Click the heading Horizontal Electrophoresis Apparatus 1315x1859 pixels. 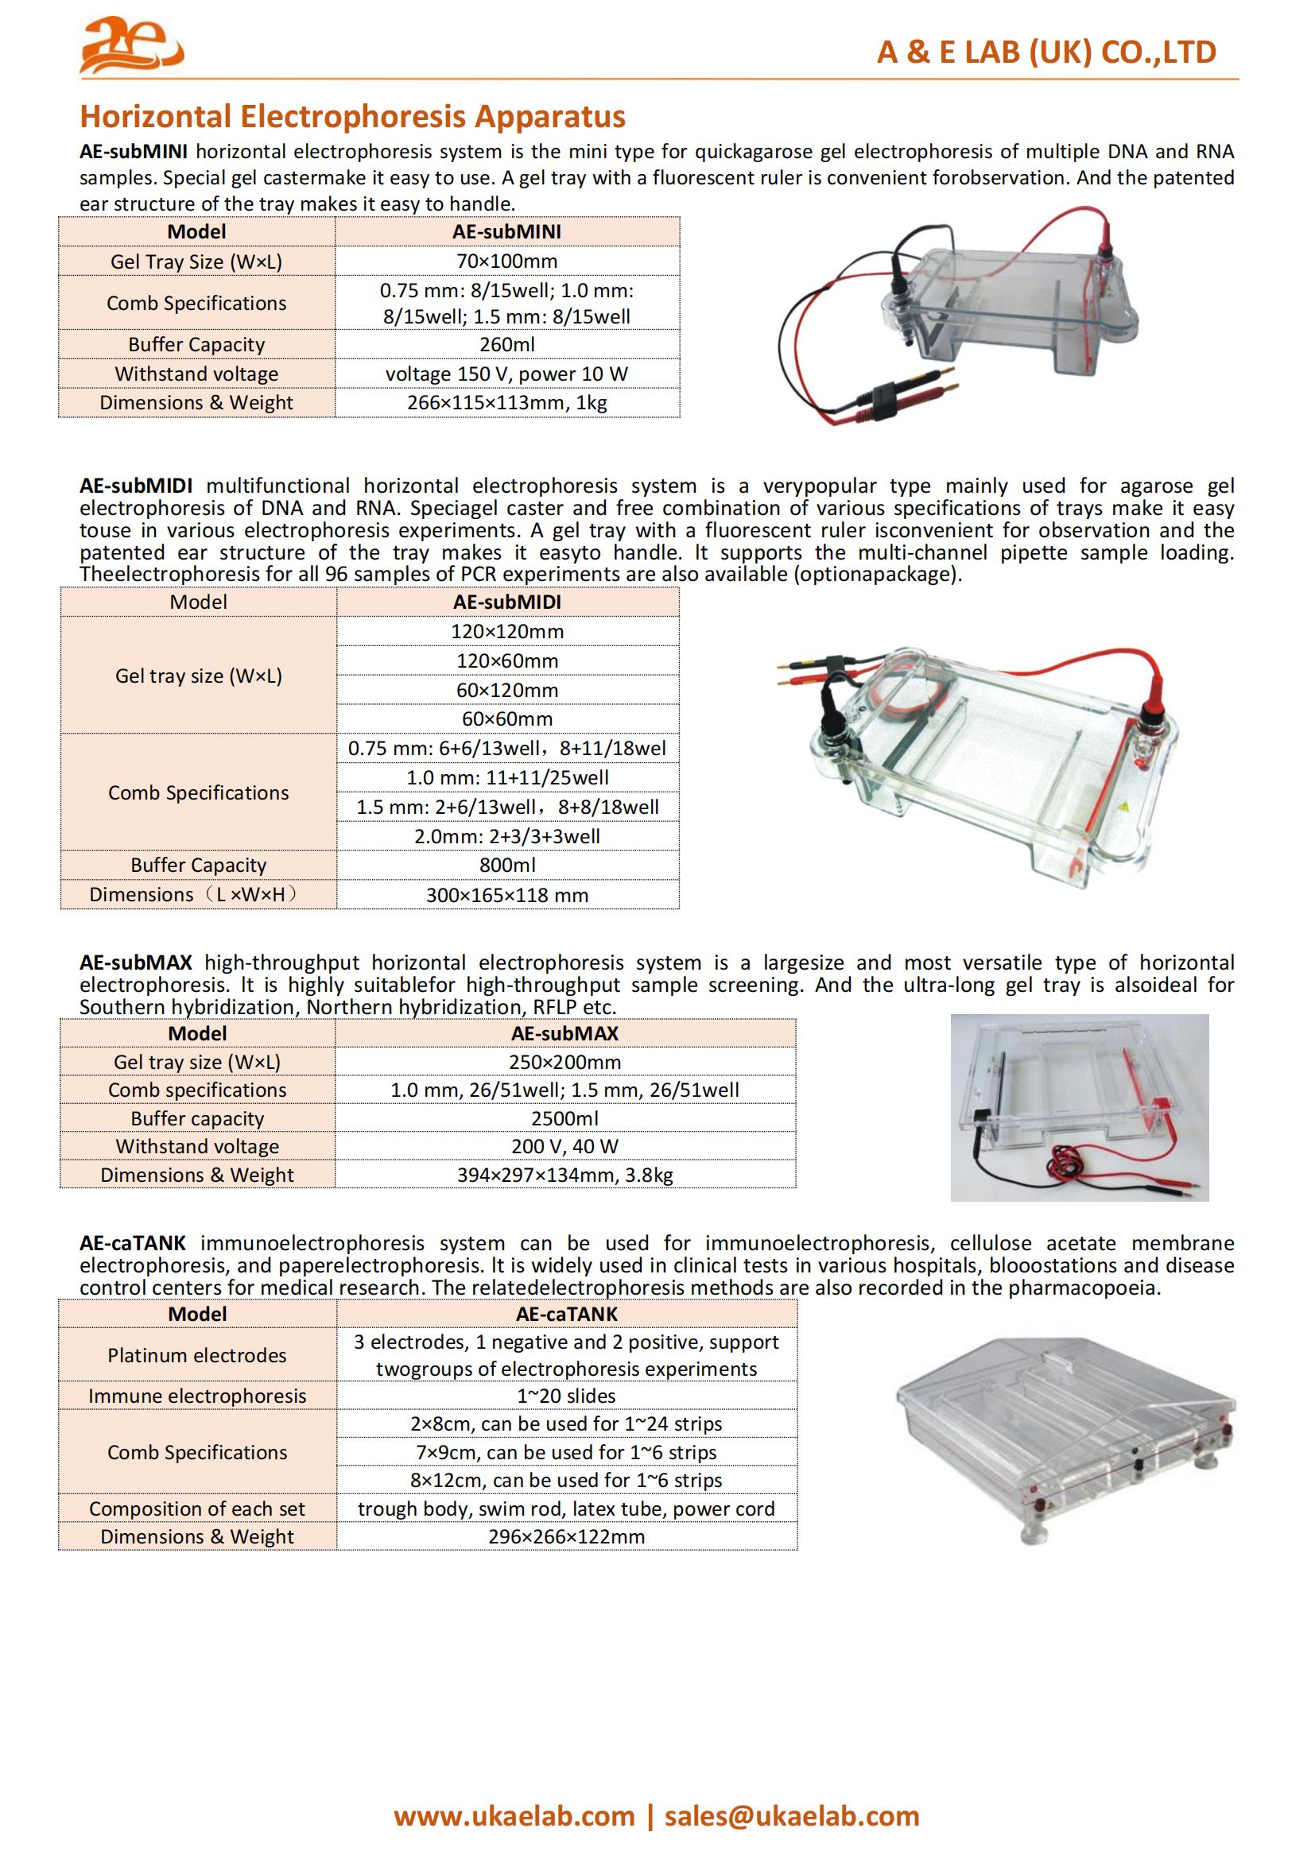point(352,117)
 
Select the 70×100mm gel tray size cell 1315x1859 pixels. point(507,261)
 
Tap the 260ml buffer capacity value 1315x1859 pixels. point(507,344)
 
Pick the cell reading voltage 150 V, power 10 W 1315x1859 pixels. point(507,374)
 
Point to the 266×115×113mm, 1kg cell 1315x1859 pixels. point(507,402)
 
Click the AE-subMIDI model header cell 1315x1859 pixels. point(507,602)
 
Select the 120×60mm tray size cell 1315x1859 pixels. point(507,660)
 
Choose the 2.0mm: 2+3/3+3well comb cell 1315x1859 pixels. point(507,835)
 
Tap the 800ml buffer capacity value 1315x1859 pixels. point(507,865)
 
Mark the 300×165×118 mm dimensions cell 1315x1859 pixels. point(507,895)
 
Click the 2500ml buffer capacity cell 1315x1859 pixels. point(565,1118)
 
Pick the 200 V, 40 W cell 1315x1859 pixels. point(565,1147)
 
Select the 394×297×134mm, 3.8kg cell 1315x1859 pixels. point(565,1175)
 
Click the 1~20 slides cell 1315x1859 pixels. point(566,1396)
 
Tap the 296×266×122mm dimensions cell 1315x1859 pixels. point(566,1537)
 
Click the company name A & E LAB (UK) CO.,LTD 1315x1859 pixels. point(1046,52)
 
